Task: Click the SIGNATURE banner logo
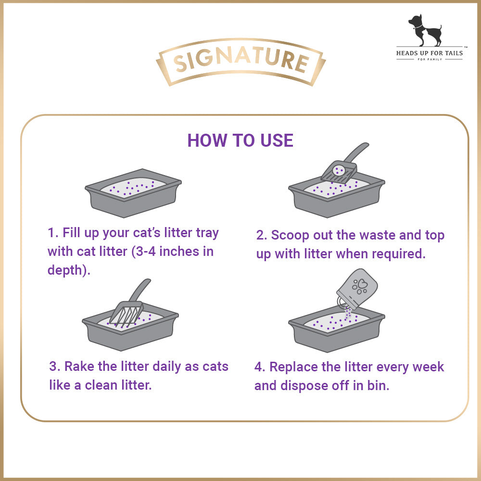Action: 241,62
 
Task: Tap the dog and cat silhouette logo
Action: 425,30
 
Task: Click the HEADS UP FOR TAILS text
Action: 430,53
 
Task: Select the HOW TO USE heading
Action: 240,140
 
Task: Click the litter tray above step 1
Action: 133,193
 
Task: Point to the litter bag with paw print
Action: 357,289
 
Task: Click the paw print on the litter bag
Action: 359,287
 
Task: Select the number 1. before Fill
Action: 53,232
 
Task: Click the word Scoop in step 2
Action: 290,236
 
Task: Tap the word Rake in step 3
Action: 79,366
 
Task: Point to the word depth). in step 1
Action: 69,270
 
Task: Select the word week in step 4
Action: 428,367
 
